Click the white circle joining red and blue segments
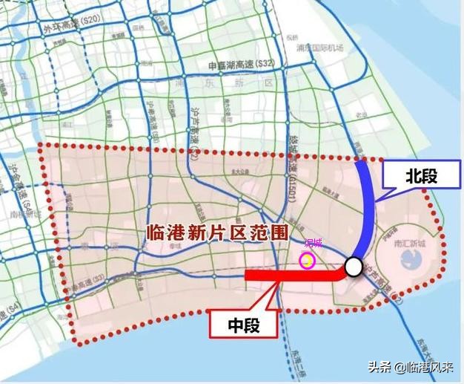[354, 267]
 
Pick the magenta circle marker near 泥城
[306, 260]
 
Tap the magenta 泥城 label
[314, 243]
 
